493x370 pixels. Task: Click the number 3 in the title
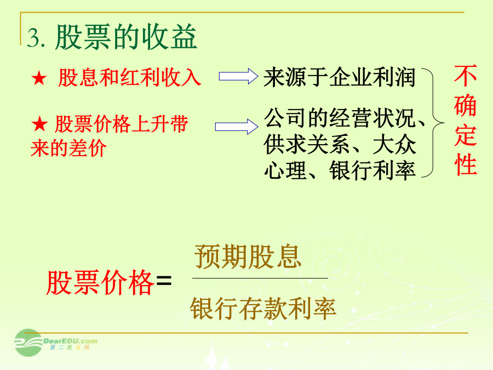(x=33, y=38)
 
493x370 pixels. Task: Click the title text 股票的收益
(x=126, y=37)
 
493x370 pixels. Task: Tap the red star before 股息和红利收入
(x=39, y=78)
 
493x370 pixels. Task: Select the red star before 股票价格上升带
(x=39, y=124)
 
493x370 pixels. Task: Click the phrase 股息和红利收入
(x=129, y=77)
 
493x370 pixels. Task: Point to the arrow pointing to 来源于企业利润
(x=238, y=76)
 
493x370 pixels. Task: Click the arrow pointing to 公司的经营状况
(x=237, y=127)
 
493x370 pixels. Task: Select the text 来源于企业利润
(x=340, y=77)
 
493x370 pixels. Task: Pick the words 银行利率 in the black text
(x=372, y=171)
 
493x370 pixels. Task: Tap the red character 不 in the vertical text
(x=465, y=76)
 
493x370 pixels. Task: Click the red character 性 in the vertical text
(x=466, y=164)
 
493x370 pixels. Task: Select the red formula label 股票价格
(x=100, y=282)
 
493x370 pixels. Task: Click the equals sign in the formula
(x=164, y=280)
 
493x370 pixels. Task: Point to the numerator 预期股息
(x=248, y=257)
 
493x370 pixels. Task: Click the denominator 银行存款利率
(x=263, y=308)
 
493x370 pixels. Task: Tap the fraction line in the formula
(x=260, y=278)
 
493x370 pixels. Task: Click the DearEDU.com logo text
(x=70, y=341)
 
